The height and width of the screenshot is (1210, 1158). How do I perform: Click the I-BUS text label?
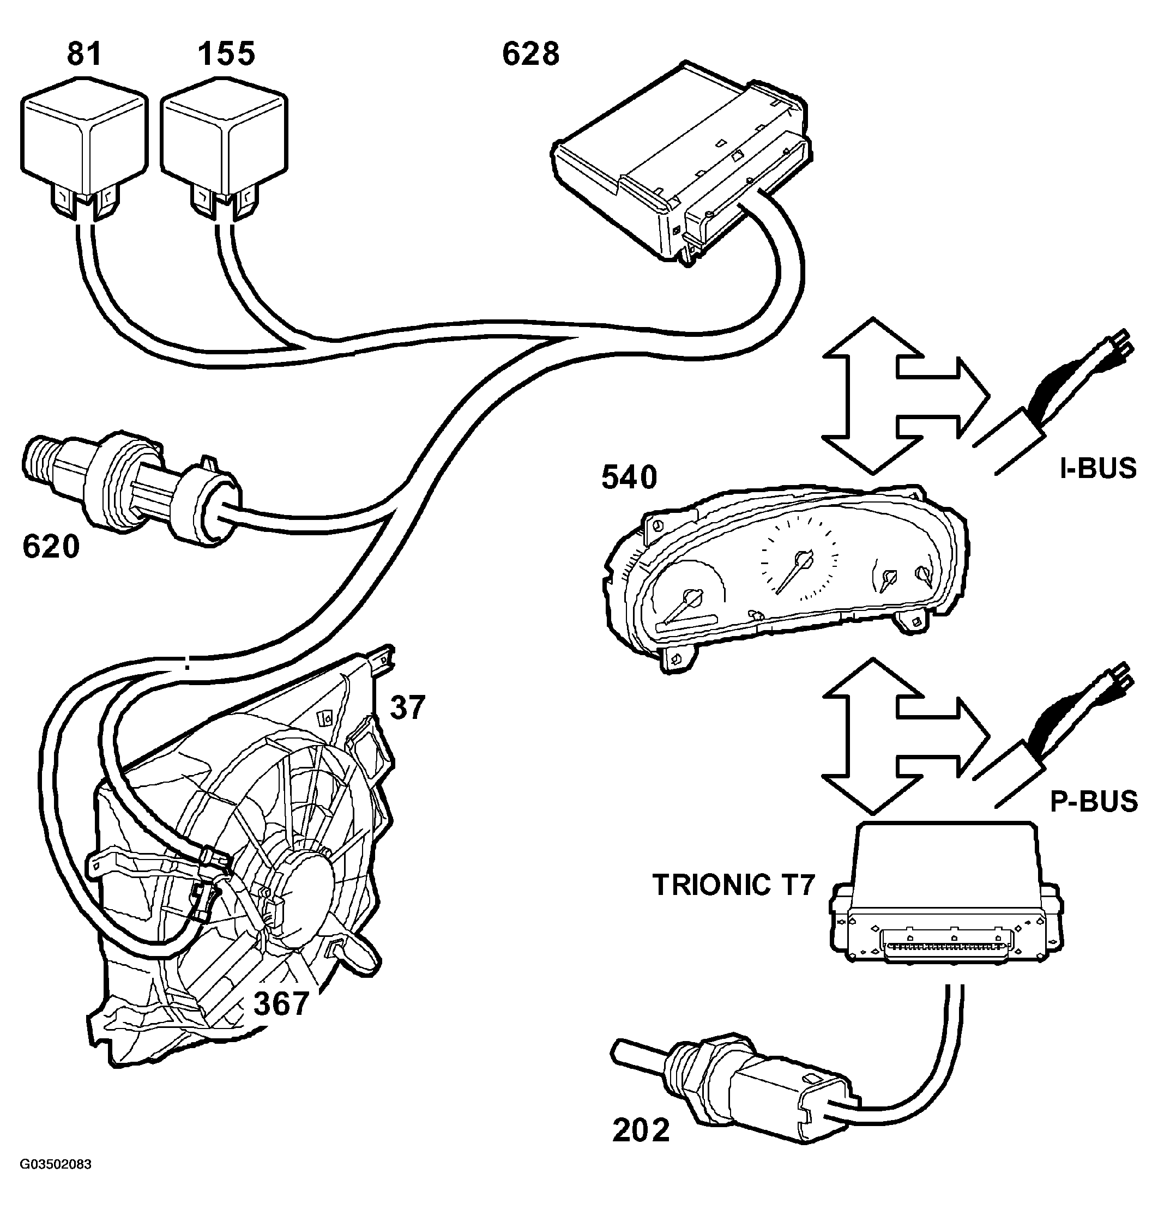click(x=1098, y=469)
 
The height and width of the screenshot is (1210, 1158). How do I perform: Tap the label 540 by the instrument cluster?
click(x=629, y=477)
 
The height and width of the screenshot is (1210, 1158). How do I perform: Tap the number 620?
click(x=51, y=547)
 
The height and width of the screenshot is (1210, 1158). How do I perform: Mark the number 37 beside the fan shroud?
click(x=407, y=707)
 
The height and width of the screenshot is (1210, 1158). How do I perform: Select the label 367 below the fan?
click(x=281, y=1004)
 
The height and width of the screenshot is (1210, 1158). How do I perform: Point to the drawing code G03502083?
click(x=56, y=1164)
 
